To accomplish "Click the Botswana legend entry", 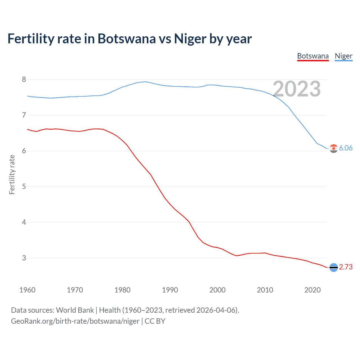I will pyautogui.click(x=313, y=56).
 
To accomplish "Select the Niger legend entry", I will pyautogui.click(x=343, y=56).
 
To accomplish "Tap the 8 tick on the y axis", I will pyautogui.click(x=24, y=79).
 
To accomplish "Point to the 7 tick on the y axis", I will pyautogui.click(x=24, y=115).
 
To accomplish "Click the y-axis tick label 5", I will pyautogui.click(x=24, y=186).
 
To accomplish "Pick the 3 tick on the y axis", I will pyautogui.click(x=24, y=258).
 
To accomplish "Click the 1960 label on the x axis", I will pyautogui.click(x=27, y=290).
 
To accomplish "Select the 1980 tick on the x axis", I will pyautogui.click(x=122, y=290).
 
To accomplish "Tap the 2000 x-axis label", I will pyautogui.click(x=217, y=290).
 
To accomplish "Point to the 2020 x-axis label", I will pyautogui.click(x=312, y=290).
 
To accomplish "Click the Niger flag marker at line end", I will pyautogui.click(x=334, y=148).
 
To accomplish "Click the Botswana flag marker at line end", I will pyautogui.click(x=334, y=267).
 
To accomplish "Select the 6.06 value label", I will pyautogui.click(x=346, y=148).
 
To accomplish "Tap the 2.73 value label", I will pyautogui.click(x=346, y=267).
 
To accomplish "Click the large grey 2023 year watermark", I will pyautogui.click(x=297, y=89).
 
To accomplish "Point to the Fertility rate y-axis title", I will pyautogui.click(x=12, y=174).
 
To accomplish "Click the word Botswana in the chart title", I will pyautogui.click(x=127, y=39).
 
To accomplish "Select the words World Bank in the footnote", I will pyautogui.click(x=75, y=310).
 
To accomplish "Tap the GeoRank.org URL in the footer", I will pyautogui.click(x=75, y=321).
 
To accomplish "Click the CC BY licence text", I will pyautogui.click(x=155, y=321).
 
